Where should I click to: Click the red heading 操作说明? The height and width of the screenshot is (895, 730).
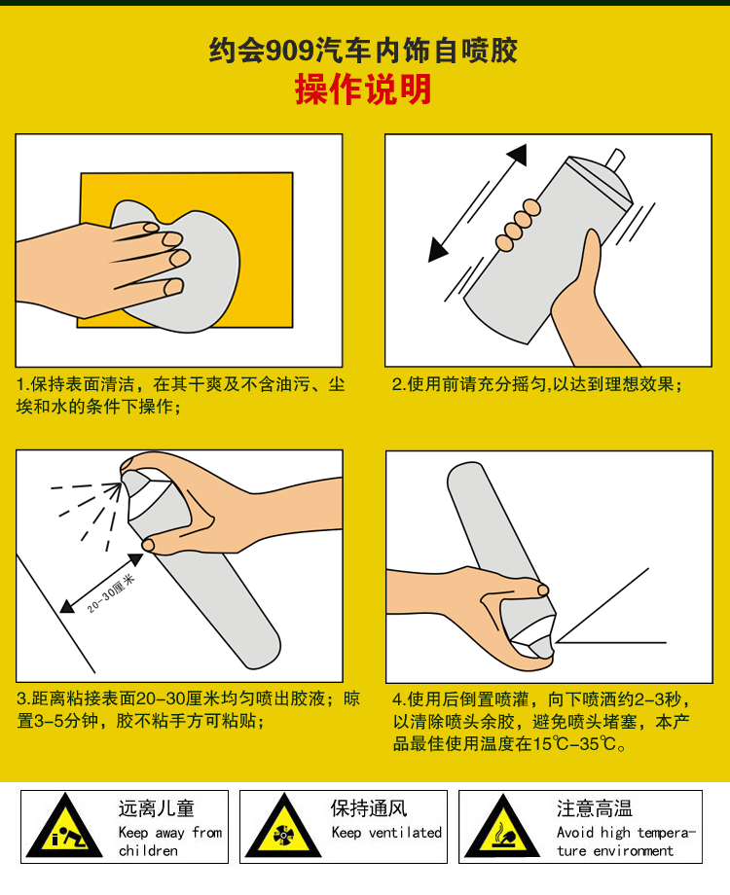tap(363, 89)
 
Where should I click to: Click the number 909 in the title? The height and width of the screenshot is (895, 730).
tap(290, 51)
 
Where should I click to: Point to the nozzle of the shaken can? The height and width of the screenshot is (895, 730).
tap(616, 160)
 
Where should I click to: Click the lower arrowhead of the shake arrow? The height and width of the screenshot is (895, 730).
tap(437, 250)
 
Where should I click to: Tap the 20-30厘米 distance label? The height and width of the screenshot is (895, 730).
tap(111, 593)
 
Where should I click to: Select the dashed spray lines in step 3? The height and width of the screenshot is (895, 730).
tap(86, 511)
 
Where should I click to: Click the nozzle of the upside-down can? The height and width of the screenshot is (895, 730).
tap(541, 648)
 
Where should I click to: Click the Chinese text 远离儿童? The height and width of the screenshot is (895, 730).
tap(157, 808)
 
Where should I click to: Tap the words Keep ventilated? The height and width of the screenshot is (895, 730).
tap(386, 833)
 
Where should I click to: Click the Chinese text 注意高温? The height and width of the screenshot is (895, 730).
tap(595, 808)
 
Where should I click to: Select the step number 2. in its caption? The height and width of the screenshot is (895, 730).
tap(399, 384)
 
